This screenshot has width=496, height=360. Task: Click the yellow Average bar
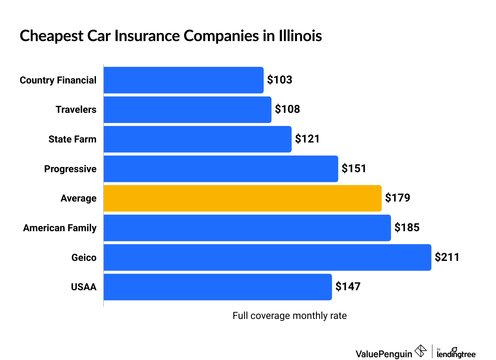pos(242,198)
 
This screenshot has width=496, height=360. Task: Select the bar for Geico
pos(267,257)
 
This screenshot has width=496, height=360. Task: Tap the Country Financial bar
pos(183,80)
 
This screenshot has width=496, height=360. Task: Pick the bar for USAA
pos(217,287)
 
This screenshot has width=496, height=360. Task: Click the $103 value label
pos(280,80)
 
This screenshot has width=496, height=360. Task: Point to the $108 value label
pos(287,109)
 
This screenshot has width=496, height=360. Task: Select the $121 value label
pos(307,139)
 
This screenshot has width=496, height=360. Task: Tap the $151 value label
pos(354,169)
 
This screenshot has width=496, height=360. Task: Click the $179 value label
pos(397,198)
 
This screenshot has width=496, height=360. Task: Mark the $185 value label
pos(407,228)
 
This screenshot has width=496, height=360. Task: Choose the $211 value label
pos(447,257)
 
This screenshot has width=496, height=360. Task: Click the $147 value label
pos(348,287)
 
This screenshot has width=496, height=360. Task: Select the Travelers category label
pos(76,110)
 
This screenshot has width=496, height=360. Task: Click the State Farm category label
pos(72,139)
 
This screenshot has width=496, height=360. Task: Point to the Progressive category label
pos(70,169)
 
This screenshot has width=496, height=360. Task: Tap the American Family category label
pos(60,228)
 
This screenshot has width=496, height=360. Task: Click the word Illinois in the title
pos(300,36)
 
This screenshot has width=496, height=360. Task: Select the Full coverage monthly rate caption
pos(289,316)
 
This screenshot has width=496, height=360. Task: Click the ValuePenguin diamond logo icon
pos(421,351)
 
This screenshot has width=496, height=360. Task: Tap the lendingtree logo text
pos(456,353)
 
